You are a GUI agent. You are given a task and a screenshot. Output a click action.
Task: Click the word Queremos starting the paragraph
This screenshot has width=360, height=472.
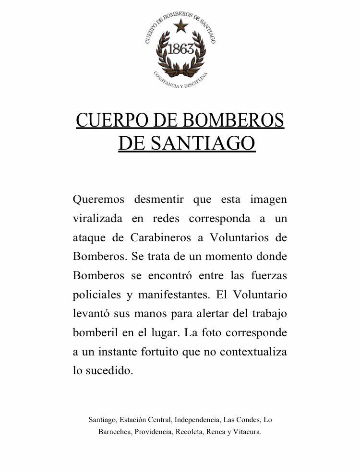98,199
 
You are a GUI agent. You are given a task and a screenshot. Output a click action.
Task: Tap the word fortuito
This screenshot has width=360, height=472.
158,352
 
